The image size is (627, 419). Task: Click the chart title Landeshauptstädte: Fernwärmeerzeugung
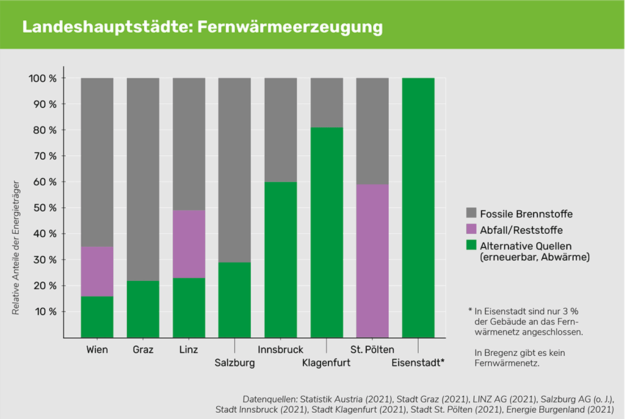point(202,27)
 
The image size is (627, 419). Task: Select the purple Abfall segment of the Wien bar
point(97,271)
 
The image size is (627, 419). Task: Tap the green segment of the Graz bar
point(143,309)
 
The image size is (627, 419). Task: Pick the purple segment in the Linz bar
point(189,244)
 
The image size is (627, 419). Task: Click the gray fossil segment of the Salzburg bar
point(235,170)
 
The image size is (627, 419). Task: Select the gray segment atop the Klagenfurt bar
point(326,103)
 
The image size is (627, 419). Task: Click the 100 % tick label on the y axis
point(43,79)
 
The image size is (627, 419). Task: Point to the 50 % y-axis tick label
point(45,208)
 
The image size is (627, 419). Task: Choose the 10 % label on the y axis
point(46,312)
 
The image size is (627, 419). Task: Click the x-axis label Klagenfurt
point(326,363)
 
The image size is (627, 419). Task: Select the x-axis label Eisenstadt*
point(418,363)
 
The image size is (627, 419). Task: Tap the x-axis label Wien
point(97,350)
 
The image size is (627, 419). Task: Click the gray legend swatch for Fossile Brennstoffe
point(471,213)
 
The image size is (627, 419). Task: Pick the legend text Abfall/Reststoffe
point(521,230)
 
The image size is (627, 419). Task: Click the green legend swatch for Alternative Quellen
point(471,245)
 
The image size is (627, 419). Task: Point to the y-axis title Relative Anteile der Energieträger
point(16,248)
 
